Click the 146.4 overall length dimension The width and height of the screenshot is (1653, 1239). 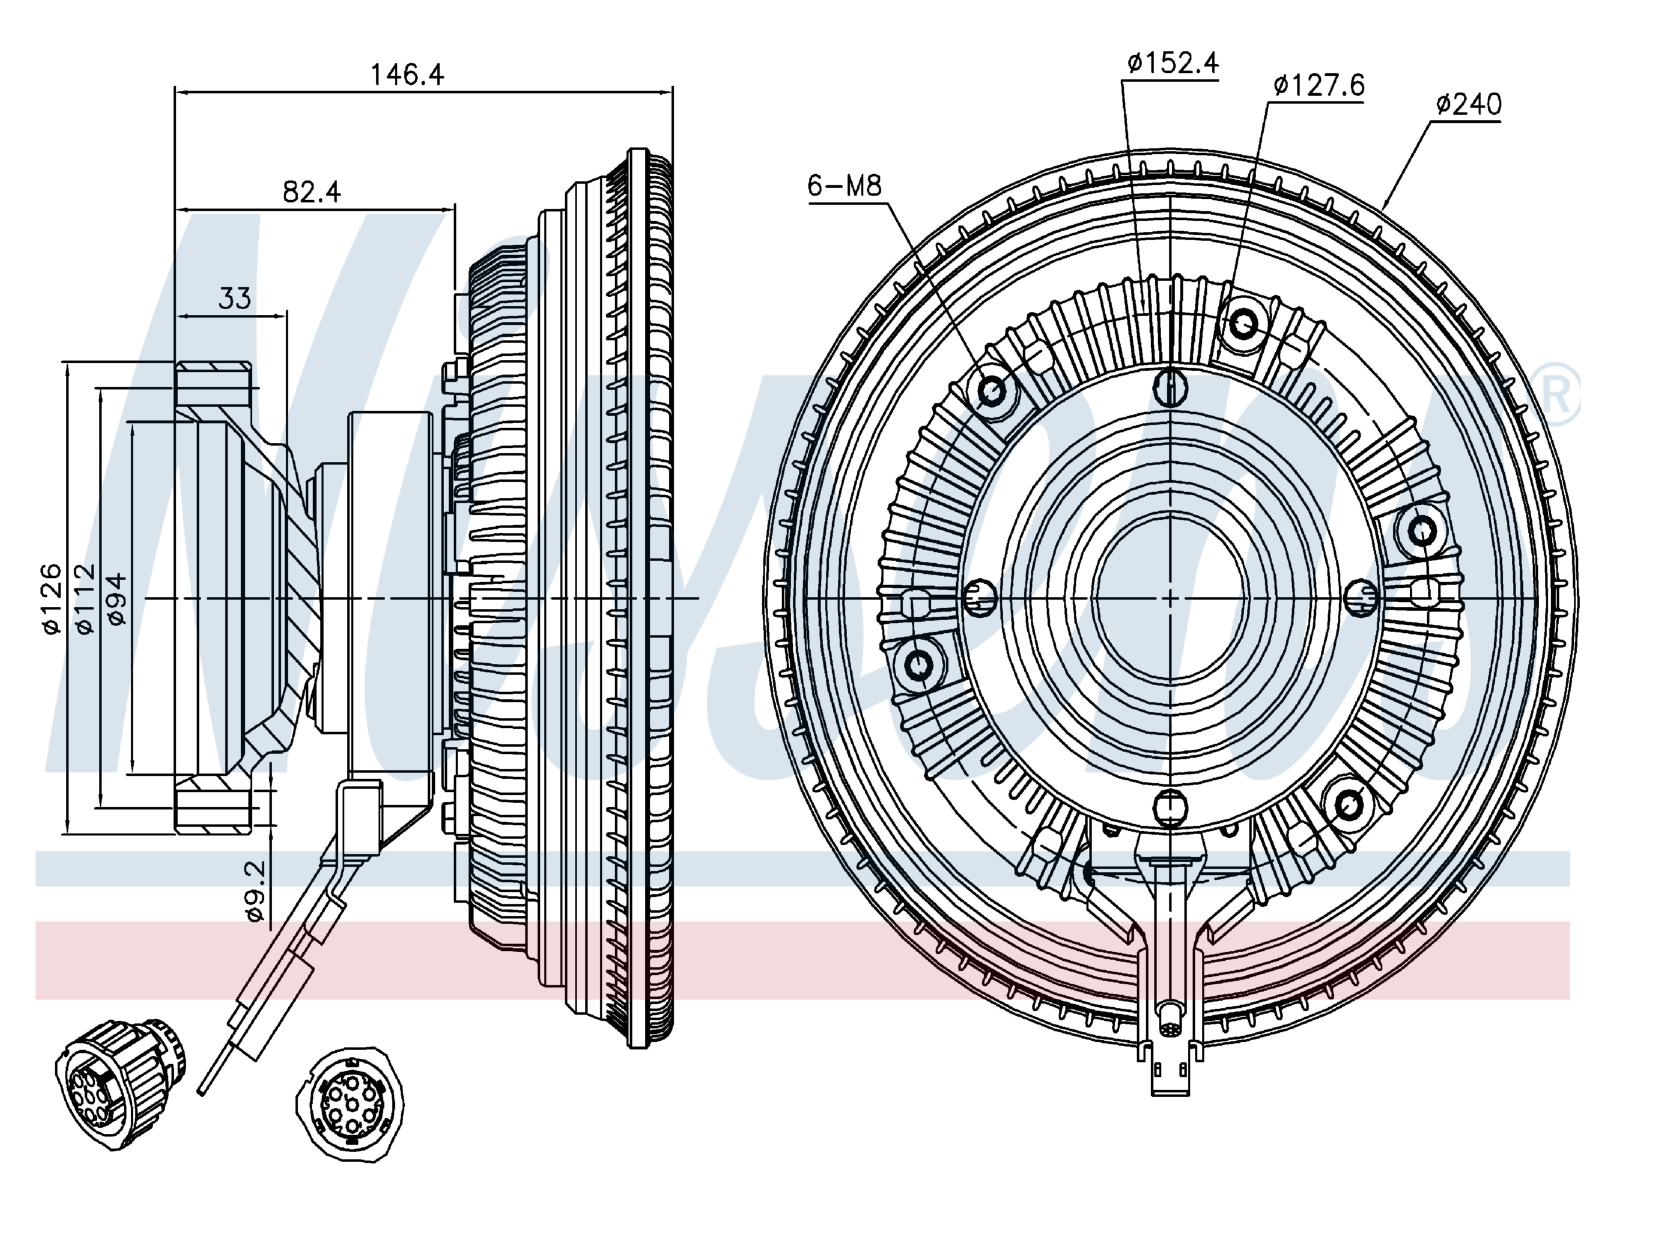pyautogui.click(x=407, y=74)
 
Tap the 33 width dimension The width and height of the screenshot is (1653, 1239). pyautogui.click(x=234, y=298)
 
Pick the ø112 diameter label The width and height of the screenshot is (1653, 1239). pyautogui.click(x=85, y=600)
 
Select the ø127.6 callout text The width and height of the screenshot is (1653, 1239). pyautogui.click(x=1319, y=85)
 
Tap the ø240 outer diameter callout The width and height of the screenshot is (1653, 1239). pyautogui.click(x=1468, y=104)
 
